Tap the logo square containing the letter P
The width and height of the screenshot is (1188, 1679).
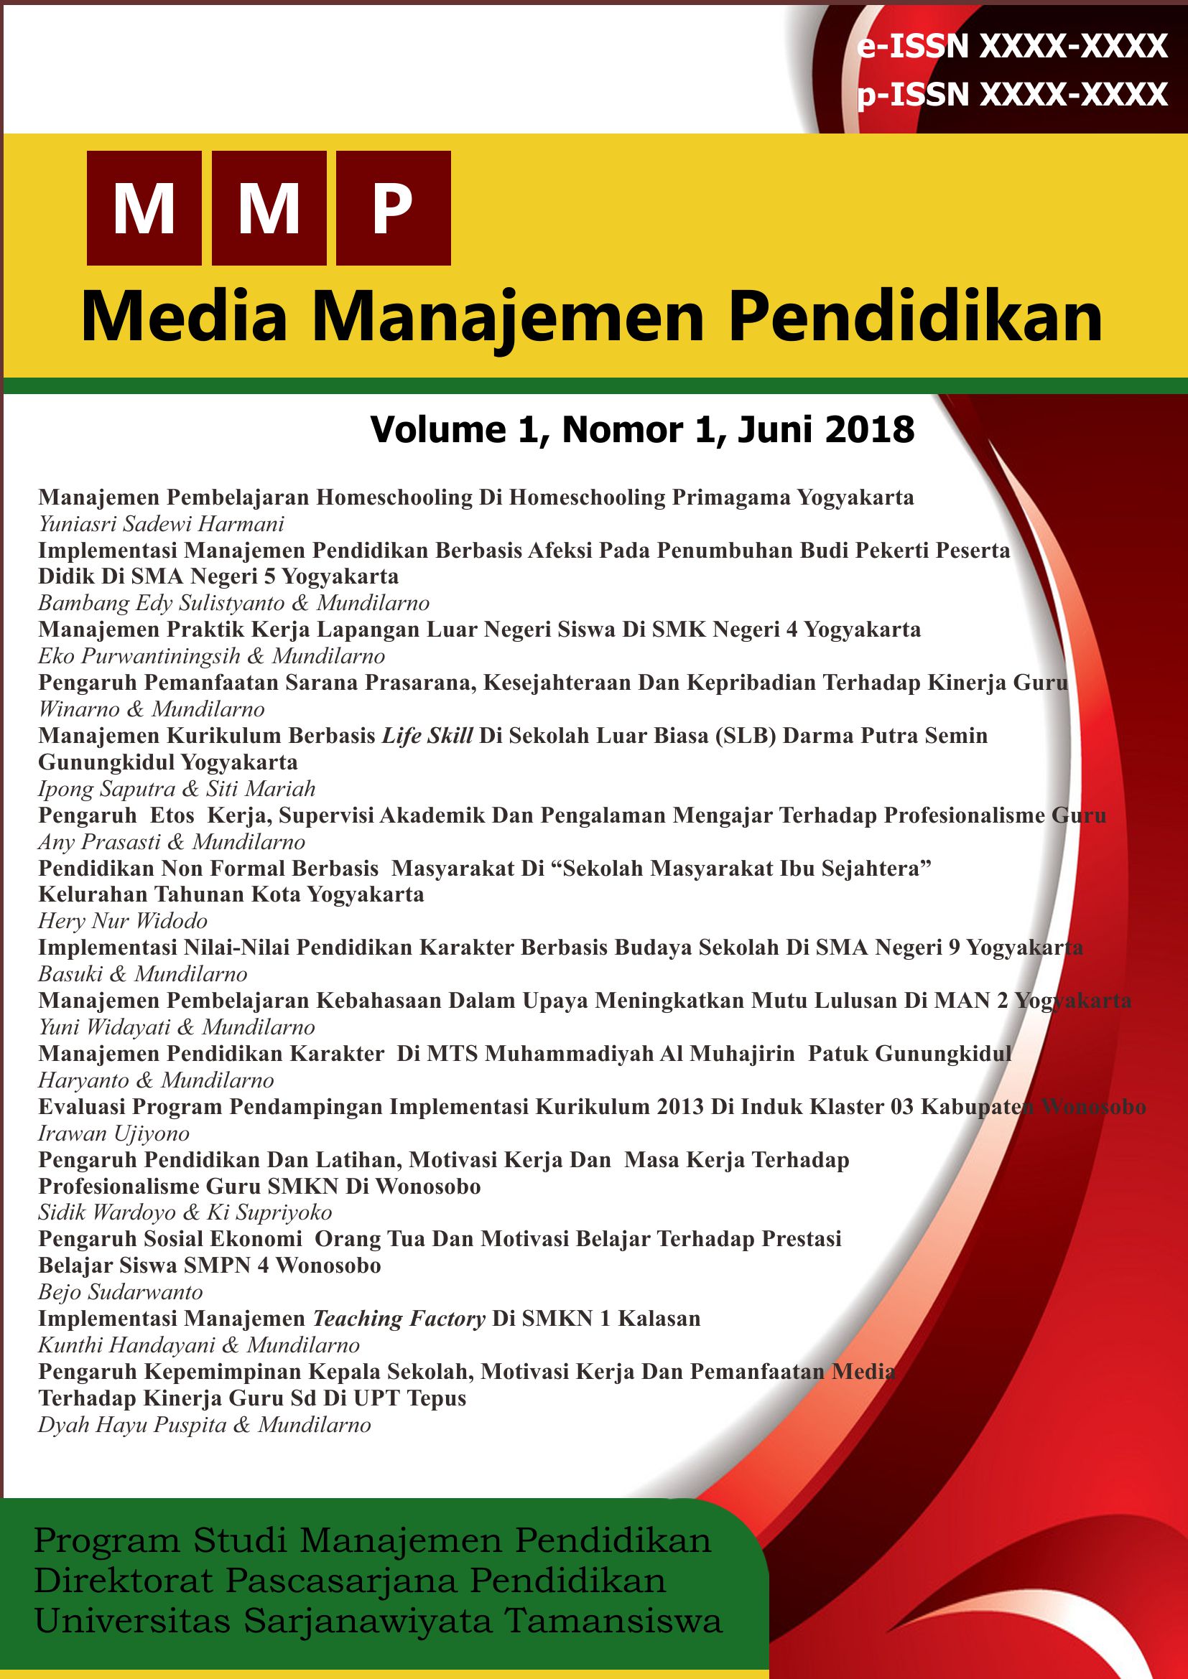[x=393, y=207]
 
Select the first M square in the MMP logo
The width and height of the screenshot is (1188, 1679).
[x=144, y=207]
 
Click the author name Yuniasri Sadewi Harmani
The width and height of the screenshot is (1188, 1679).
[x=161, y=524]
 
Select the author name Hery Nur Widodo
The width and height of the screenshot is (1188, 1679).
[x=123, y=921]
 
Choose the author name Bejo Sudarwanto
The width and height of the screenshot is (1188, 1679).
[x=120, y=1292]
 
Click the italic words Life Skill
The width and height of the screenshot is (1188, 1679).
[x=427, y=736]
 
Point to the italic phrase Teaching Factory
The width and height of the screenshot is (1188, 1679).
[x=399, y=1319]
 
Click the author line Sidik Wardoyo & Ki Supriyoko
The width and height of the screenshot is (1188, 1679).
[x=185, y=1212]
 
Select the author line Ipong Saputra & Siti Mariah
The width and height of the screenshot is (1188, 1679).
[x=176, y=788]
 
